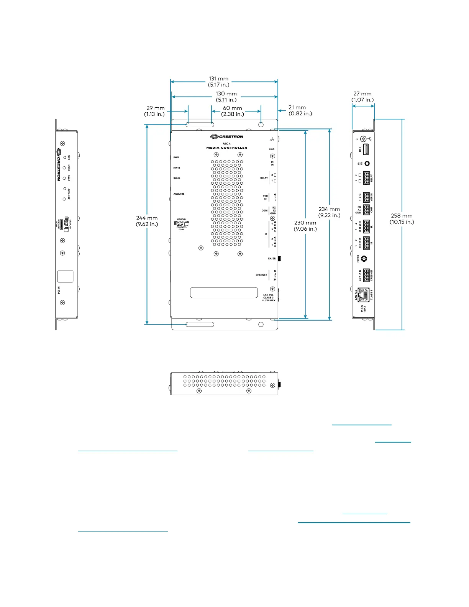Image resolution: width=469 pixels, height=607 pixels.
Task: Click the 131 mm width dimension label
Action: tap(218, 82)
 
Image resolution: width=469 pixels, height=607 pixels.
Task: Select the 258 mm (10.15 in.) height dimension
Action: tap(402, 219)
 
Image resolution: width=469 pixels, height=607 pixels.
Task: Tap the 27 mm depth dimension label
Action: tap(362, 97)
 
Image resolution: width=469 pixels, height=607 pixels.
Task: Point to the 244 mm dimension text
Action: tap(147, 221)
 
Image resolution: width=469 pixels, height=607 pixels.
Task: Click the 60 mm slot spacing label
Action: tap(233, 111)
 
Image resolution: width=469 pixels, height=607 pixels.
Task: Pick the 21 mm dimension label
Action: tap(300, 110)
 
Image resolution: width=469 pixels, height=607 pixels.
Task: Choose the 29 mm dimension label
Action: tap(155, 111)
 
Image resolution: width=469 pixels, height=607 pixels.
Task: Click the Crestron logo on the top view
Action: tap(226, 136)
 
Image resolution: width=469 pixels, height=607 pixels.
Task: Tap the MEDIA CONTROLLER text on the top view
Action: tap(226, 148)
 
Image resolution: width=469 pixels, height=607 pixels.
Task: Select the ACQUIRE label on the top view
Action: tap(179, 194)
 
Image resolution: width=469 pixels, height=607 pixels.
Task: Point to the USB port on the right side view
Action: tap(366, 149)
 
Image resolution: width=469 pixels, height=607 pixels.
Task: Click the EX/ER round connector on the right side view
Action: tap(364, 259)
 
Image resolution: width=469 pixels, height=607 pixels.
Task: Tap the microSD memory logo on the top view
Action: tap(181, 223)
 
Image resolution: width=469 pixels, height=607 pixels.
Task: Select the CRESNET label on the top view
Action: tap(261, 275)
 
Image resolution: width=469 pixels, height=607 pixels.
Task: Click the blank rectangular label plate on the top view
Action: tap(224, 293)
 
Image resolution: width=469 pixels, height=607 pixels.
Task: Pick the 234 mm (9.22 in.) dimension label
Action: tap(329, 212)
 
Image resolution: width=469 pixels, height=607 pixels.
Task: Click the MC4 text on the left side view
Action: tap(59, 290)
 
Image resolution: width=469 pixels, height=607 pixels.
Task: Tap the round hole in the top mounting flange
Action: tap(261, 125)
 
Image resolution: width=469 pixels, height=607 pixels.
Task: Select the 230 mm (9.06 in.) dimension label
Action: tap(305, 226)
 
